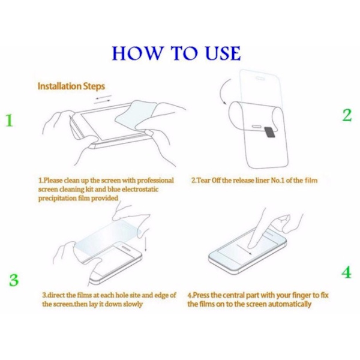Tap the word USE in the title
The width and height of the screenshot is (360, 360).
click(223, 53)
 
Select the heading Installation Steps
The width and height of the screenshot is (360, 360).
click(71, 86)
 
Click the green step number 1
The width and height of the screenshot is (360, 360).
click(9, 120)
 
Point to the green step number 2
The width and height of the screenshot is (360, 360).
click(347, 115)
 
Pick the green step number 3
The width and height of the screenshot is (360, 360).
click(14, 280)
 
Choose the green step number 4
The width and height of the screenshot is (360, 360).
click(346, 272)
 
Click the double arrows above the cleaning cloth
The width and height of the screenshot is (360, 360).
click(103, 100)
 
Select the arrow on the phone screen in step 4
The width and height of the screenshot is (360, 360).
click(244, 249)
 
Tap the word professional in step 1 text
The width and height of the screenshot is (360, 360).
click(155, 181)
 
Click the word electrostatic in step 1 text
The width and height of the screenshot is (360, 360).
click(140, 190)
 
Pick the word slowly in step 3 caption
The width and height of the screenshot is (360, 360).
click(133, 304)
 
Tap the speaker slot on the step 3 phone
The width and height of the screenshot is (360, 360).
click(125, 248)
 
